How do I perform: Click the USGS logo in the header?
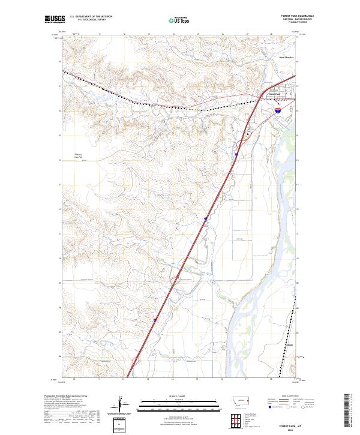[55, 19]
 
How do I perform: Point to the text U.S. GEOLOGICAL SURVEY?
[88, 20]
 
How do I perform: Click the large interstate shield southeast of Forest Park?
[278, 110]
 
